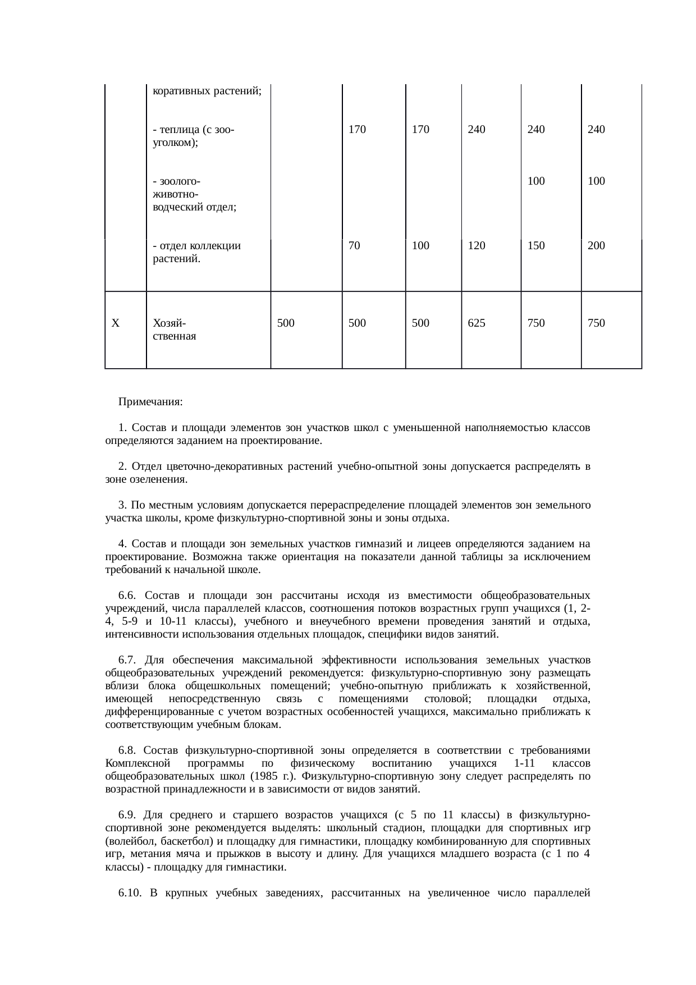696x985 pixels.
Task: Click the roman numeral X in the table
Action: [x=115, y=323]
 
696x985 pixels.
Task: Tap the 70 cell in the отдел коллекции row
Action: [x=354, y=245]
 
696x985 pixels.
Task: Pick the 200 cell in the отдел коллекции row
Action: [x=596, y=245]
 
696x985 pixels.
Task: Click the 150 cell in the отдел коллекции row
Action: [x=536, y=245]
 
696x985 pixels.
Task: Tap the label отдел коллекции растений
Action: [x=196, y=252]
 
